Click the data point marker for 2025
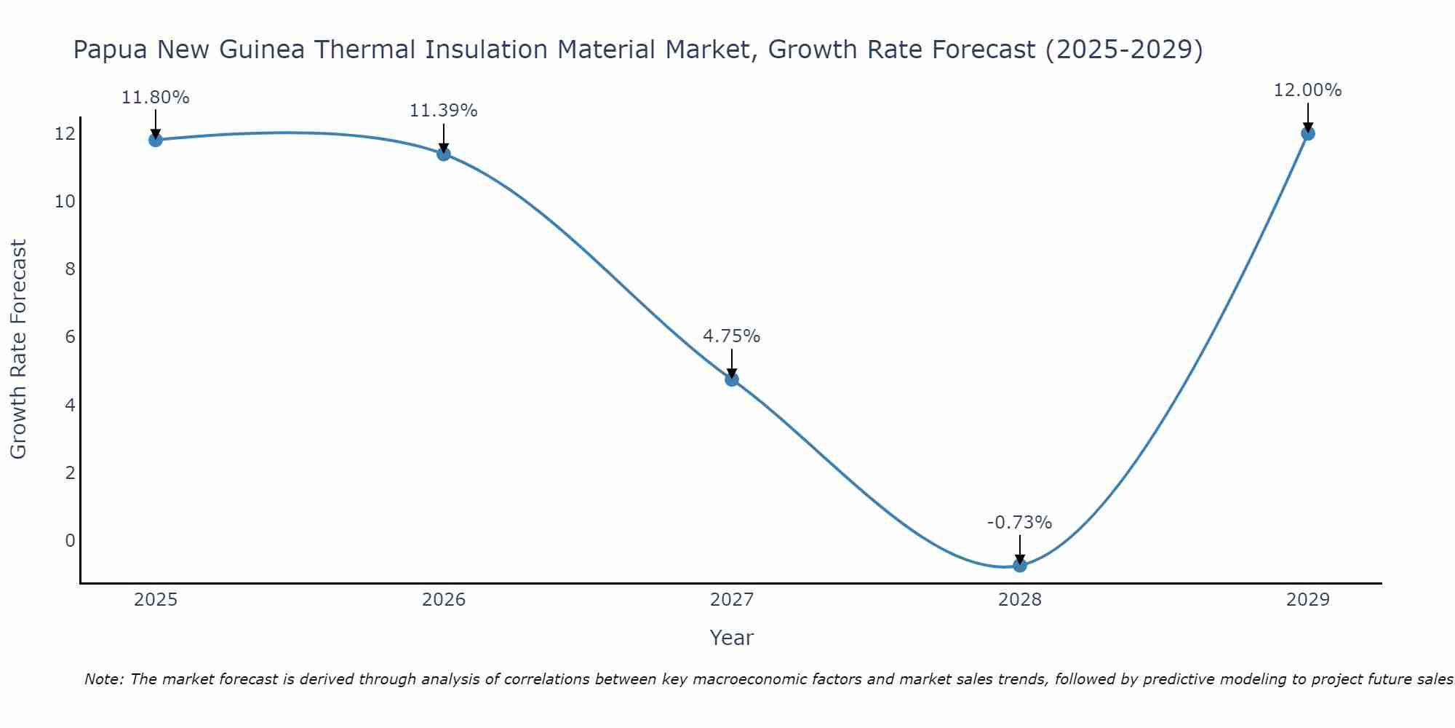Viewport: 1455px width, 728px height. pyautogui.click(x=156, y=140)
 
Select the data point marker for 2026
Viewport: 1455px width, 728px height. pyautogui.click(x=444, y=154)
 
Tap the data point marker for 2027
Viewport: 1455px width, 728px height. pyautogui.click(x=732, y=379)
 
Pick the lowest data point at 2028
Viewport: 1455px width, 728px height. pyautogui.click(x=1020, y=565)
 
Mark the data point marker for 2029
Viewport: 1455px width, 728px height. pyautogui.click(x=1308, y=133)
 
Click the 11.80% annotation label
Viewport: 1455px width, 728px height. pyautogui.click(x=156, y=98)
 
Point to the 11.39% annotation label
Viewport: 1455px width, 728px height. pyautogui.click(x=444, y=111)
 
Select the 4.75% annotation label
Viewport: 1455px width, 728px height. pyautogui.click(x=732, y=336)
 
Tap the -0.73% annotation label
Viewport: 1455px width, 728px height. pyautogui.click(x=1020, y=523)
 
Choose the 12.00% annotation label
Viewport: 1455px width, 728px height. pyautogui.click(x=1308, y=90)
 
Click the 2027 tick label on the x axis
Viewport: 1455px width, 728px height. pyautogui.click(x=732, y=601)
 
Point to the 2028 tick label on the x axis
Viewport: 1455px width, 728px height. pyautogui.click(x=1020, y=601)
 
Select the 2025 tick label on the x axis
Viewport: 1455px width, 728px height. pyautogui.click(x=156, y=601)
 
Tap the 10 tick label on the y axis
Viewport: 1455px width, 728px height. pyautogui.click(x=65, y=202)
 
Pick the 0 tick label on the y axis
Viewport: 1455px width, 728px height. pyautogui.click(x=70, y=541)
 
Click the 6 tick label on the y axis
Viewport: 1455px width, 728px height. pyautogui.click(x=70, y=337)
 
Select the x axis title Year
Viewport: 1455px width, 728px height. pyautogui.click(x=732, y=638)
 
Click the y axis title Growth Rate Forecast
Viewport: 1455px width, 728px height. pyautogui.click(x=19, y=349)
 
